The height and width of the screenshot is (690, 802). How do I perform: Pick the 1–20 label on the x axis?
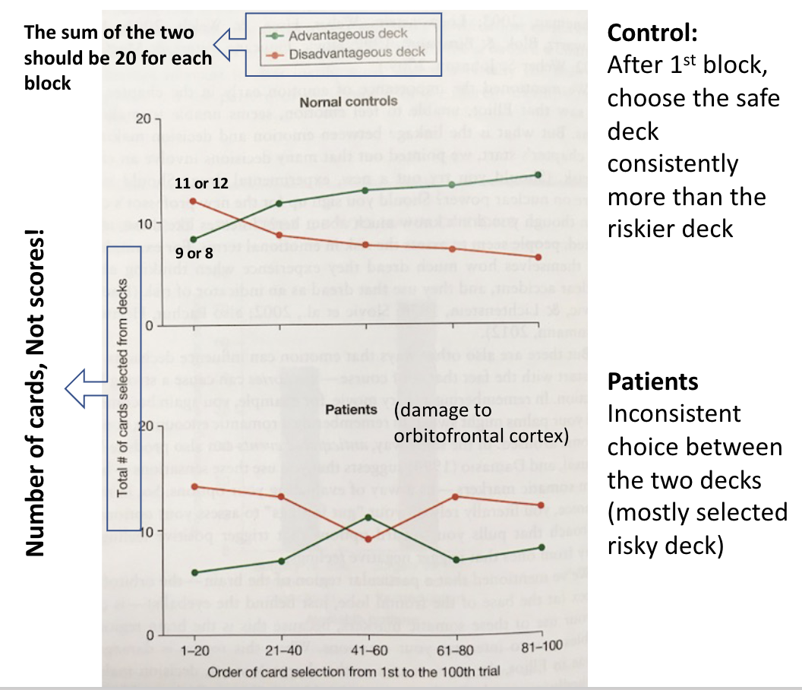[x=196, y=652]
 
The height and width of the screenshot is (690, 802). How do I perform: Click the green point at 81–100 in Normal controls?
[x=538, y=175]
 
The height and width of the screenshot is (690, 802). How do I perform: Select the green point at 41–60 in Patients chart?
[x=368, y=517]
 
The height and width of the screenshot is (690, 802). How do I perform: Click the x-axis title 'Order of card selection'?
[x=367, y=672]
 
